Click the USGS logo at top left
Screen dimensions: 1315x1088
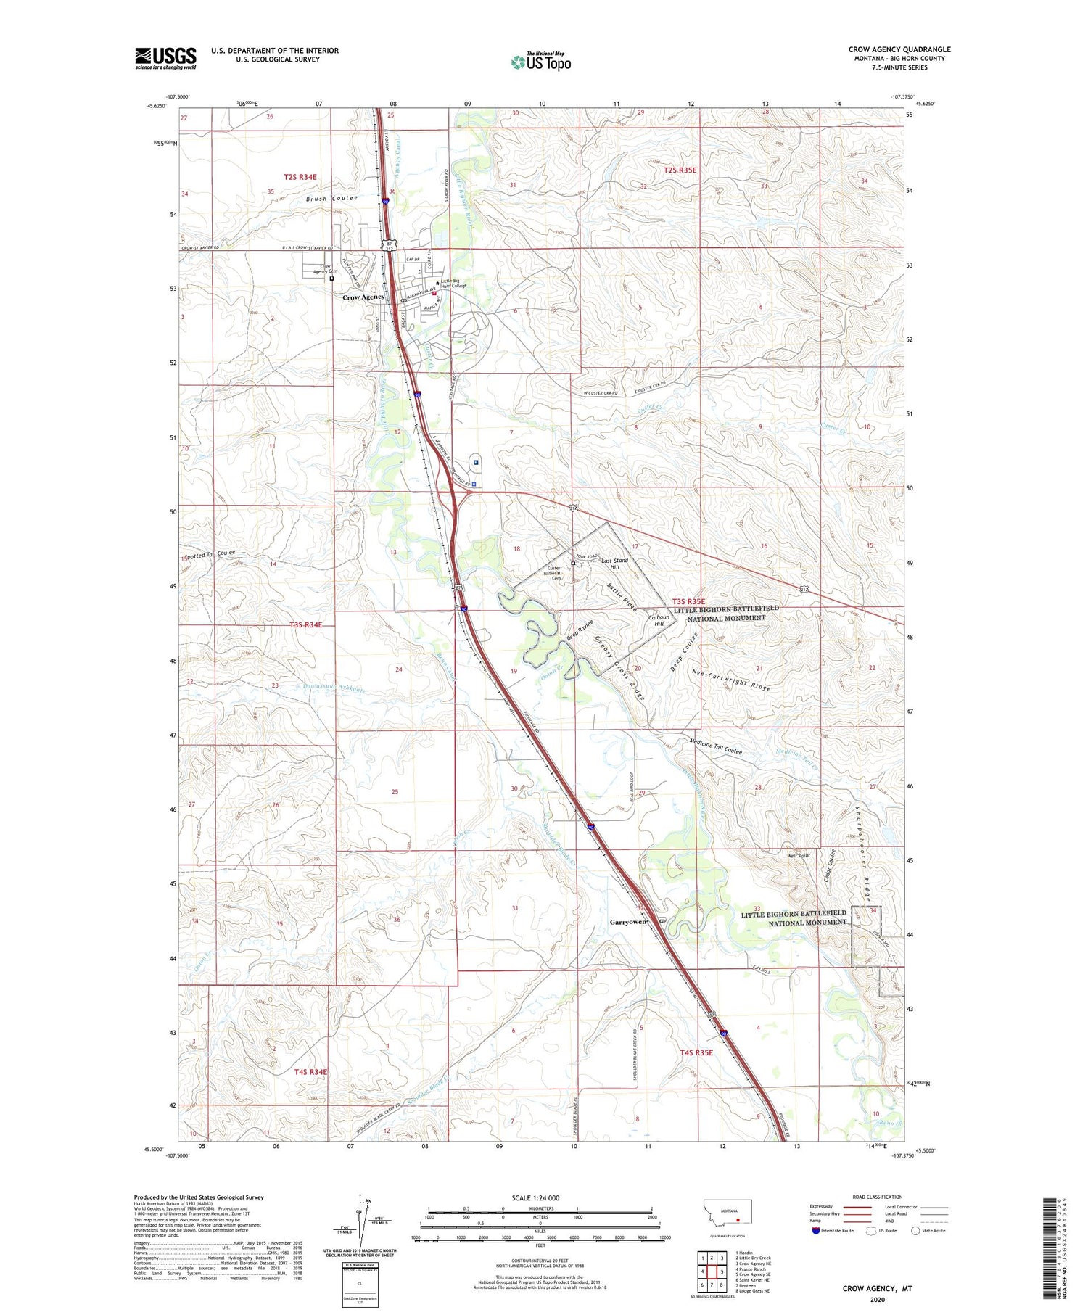(x=165, y=58)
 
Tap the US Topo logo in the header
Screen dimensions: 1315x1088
(x=541, y=62)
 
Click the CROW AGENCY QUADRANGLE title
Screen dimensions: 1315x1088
(x=899, y=49)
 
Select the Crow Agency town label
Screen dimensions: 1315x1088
(x=363, y=297)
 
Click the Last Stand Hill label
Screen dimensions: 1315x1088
(x=615, y=564)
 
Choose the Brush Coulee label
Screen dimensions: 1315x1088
(x=331, y=198)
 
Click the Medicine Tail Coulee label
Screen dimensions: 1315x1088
(x=716, y=747)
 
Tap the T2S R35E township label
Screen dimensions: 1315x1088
(x=680, y=170)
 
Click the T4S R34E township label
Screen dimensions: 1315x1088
(x=310, y=1071)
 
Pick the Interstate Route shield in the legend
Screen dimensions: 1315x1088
(x=816, y=1231)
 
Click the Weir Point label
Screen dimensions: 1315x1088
(x=798, y=855)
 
